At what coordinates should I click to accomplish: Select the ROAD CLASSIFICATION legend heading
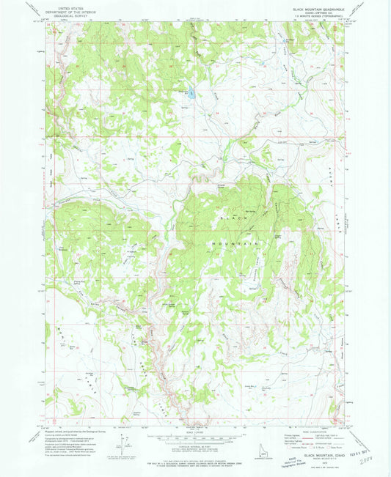coord(307,428)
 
